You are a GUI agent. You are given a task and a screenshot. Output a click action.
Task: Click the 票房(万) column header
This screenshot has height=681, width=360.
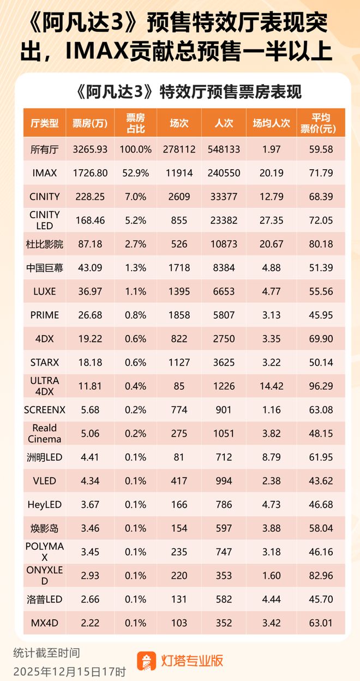click(90, 123)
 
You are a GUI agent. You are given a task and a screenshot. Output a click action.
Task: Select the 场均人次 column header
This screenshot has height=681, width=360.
click(271, 123)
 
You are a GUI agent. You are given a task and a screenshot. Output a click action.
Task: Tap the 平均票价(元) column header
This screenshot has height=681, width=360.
click(321, 123)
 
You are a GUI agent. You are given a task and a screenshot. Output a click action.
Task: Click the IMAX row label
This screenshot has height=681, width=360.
click(45, 173)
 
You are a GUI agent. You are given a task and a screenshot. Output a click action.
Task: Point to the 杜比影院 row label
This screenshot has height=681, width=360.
click(45, 244)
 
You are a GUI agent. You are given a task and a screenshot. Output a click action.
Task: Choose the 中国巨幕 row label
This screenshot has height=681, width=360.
click(45, 268)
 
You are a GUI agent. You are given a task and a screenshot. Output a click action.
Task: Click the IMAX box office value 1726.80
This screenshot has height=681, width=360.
click(90, 173)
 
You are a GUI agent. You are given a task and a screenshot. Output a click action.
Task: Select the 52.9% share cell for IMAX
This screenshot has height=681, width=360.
click(135, 173)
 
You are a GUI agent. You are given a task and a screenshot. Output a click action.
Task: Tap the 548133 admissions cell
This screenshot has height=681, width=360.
click(224, 149)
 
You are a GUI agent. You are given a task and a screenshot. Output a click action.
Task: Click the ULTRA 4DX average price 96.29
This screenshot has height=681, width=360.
click(321, 386)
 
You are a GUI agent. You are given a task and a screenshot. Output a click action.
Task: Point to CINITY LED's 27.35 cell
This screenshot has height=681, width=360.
click(271, 220)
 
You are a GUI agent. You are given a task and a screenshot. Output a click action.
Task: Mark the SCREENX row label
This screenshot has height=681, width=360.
click(45, 410)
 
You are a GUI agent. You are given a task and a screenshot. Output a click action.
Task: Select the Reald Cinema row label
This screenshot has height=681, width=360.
click(45, 433)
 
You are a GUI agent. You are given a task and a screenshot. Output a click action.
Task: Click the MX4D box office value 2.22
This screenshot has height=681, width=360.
click(90, 623)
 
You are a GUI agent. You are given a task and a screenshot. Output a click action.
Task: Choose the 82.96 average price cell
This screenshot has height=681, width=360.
click(321, 575)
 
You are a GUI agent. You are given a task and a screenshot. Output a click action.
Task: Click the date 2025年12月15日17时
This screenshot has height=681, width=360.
click(69, 671)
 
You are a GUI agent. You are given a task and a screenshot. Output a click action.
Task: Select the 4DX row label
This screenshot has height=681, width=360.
click(45, 339)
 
